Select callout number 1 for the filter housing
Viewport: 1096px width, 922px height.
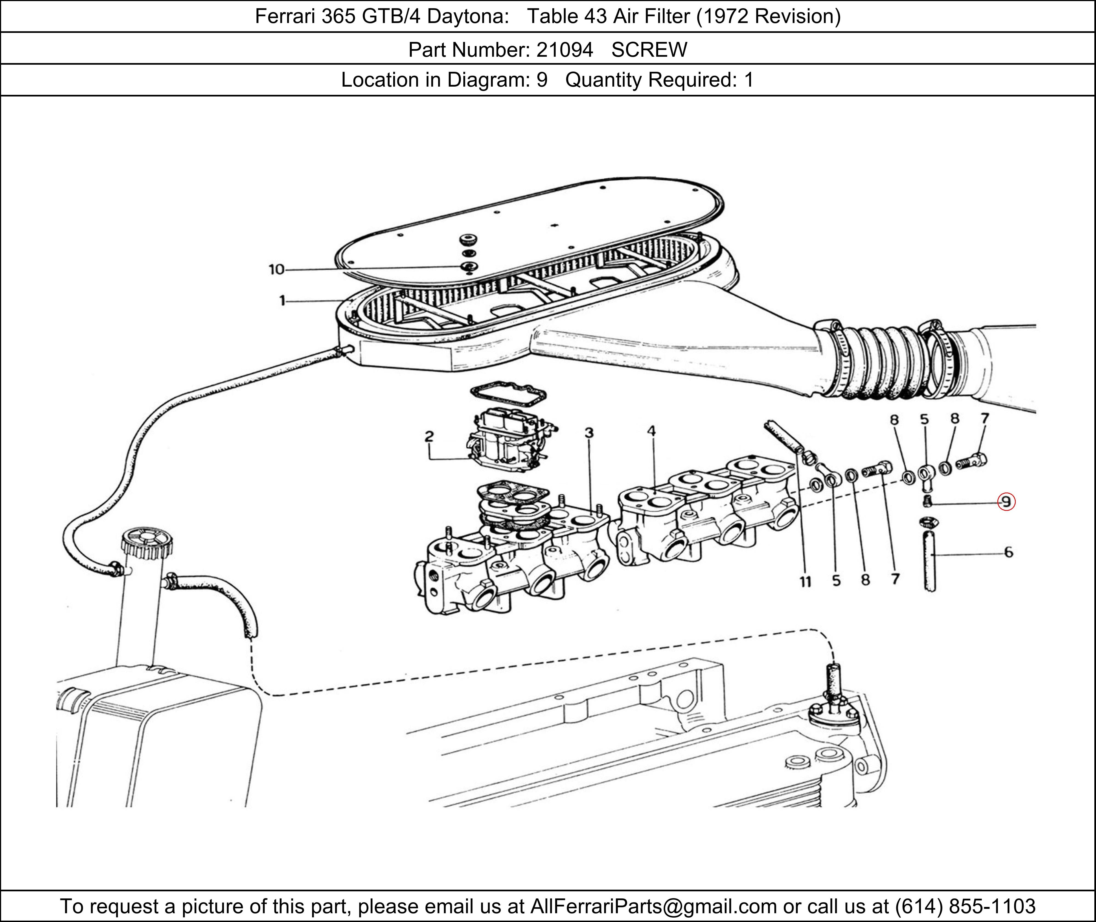click(282, 301)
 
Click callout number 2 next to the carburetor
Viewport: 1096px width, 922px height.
click(429, 436)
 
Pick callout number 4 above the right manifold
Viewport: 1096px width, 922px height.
click(651, 431)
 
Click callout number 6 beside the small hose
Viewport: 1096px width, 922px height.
click(1008, 552)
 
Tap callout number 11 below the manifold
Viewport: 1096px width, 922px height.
click(805, 581)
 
